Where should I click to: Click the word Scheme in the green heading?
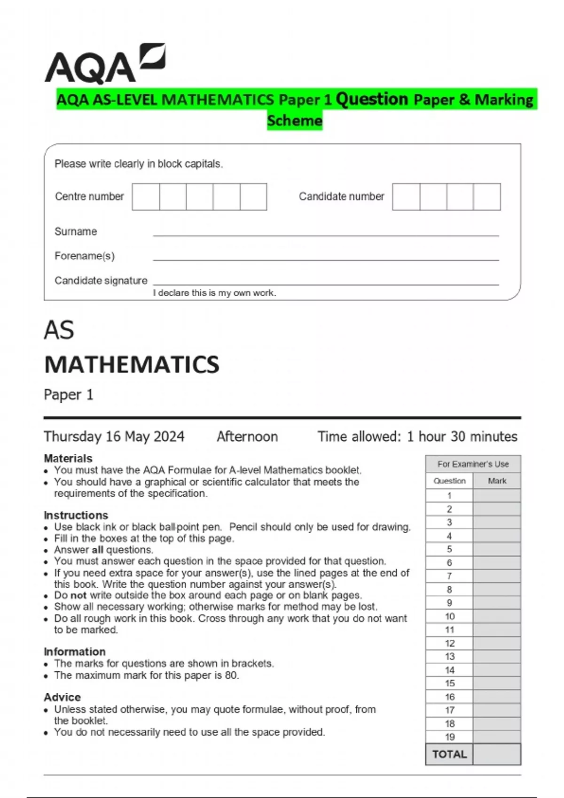pos(295,121)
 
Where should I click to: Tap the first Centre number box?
pos(146,197)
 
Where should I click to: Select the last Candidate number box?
pos(487,197)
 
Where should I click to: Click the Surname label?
pos(76,231)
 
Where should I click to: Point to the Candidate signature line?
pos(325,284)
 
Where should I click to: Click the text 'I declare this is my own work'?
pos(214,293)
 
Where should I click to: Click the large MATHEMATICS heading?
pos(132,365)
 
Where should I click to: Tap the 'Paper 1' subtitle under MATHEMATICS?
pos(69,395)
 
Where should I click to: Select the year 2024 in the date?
pos(169,437)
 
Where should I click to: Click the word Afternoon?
pos(247,437)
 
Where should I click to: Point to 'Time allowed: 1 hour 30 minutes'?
pos(417,437)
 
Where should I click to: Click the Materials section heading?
pos(68,458)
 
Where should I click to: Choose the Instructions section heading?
pos(76,515)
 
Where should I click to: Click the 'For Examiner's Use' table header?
pos(473,464)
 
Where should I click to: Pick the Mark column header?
pos(497,481)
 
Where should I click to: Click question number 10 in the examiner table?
pos(450,616)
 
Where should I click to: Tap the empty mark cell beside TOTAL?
pos(497,754)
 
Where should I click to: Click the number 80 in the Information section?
pos(231,675)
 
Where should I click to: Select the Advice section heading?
pos(62,697)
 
